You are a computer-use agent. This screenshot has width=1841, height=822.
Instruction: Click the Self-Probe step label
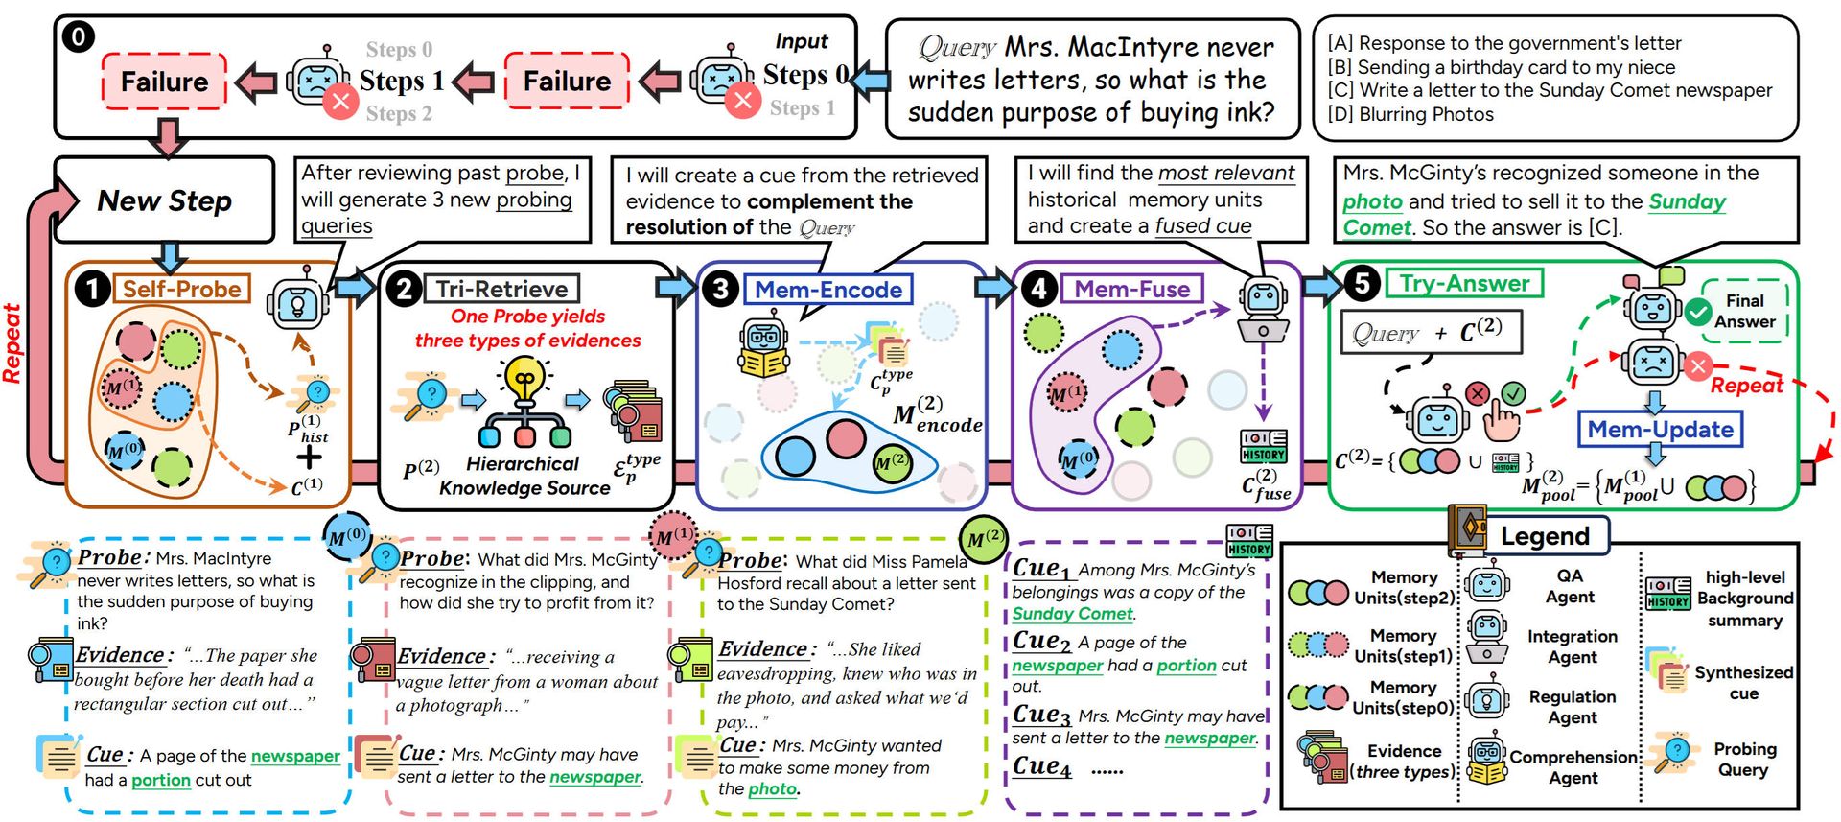(x=181, y=289)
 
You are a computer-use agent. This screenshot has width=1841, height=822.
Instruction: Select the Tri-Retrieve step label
(x=501, y=289)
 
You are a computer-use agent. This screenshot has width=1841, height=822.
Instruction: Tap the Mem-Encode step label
(x=828, y=290)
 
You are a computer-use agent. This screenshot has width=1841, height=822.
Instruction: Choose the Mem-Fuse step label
(x=1131, y=289)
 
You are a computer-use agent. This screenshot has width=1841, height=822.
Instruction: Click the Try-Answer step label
(x=1464, y=283)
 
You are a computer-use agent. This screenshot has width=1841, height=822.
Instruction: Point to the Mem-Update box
(x=1660, y=429)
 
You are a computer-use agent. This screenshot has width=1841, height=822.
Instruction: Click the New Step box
(x=164, y=200)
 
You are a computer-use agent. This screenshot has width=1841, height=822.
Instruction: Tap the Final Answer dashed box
(x=1744, y=311)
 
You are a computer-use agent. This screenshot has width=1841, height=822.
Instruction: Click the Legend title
(x=1545, y=535)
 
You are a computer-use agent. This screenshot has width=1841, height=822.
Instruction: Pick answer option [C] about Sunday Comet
(x=1550, y=90)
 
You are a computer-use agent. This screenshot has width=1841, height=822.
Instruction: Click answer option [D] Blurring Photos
(x=1410, y=114)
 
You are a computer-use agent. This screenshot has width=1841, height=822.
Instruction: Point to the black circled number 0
(x=78, y=37)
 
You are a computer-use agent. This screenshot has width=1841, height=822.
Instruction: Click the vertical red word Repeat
(x=12, y=342)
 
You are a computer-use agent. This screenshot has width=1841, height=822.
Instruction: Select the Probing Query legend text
(x=1744, y=759)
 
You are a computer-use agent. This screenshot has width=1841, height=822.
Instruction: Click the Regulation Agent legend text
(x=1572, y=706)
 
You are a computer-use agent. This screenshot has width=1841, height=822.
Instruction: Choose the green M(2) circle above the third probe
(x=983, y=538)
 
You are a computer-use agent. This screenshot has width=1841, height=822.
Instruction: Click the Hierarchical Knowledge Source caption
(x=524, y=475)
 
